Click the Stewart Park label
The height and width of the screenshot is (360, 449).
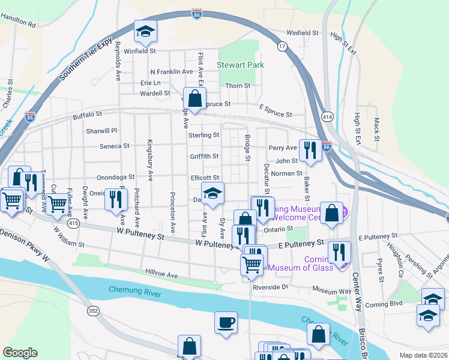click(x=236, y=64)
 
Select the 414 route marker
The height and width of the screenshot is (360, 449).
click(x=327, y=116)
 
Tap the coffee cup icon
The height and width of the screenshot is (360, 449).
click(x=226, y=323)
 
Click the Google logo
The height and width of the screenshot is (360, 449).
click(x=20, y=352)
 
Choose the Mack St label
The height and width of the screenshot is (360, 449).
click(x=377, y=125)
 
